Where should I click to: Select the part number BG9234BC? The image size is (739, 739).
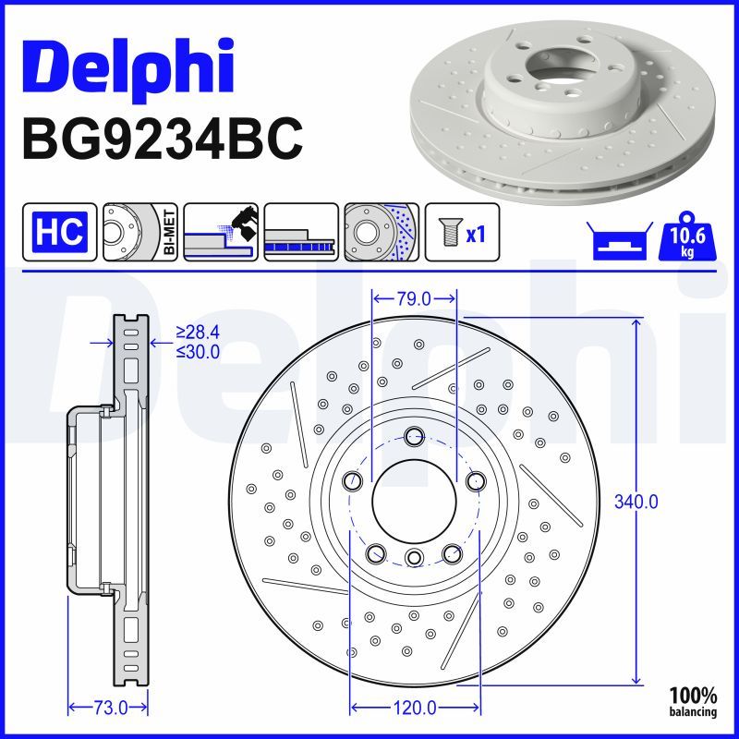(162, 139)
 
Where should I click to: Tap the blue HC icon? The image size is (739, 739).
(60, 231)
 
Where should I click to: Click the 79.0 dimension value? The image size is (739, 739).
(414, 298)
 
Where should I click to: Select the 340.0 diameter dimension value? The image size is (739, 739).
(636, 503)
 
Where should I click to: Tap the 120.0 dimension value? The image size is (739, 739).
(415, 708)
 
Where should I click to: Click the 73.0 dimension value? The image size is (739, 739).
(109, 708)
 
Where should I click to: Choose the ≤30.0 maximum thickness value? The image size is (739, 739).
(198, 351)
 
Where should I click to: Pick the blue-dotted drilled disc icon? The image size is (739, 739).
(382, 231)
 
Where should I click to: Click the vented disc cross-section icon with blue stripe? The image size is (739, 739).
(301, 231)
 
